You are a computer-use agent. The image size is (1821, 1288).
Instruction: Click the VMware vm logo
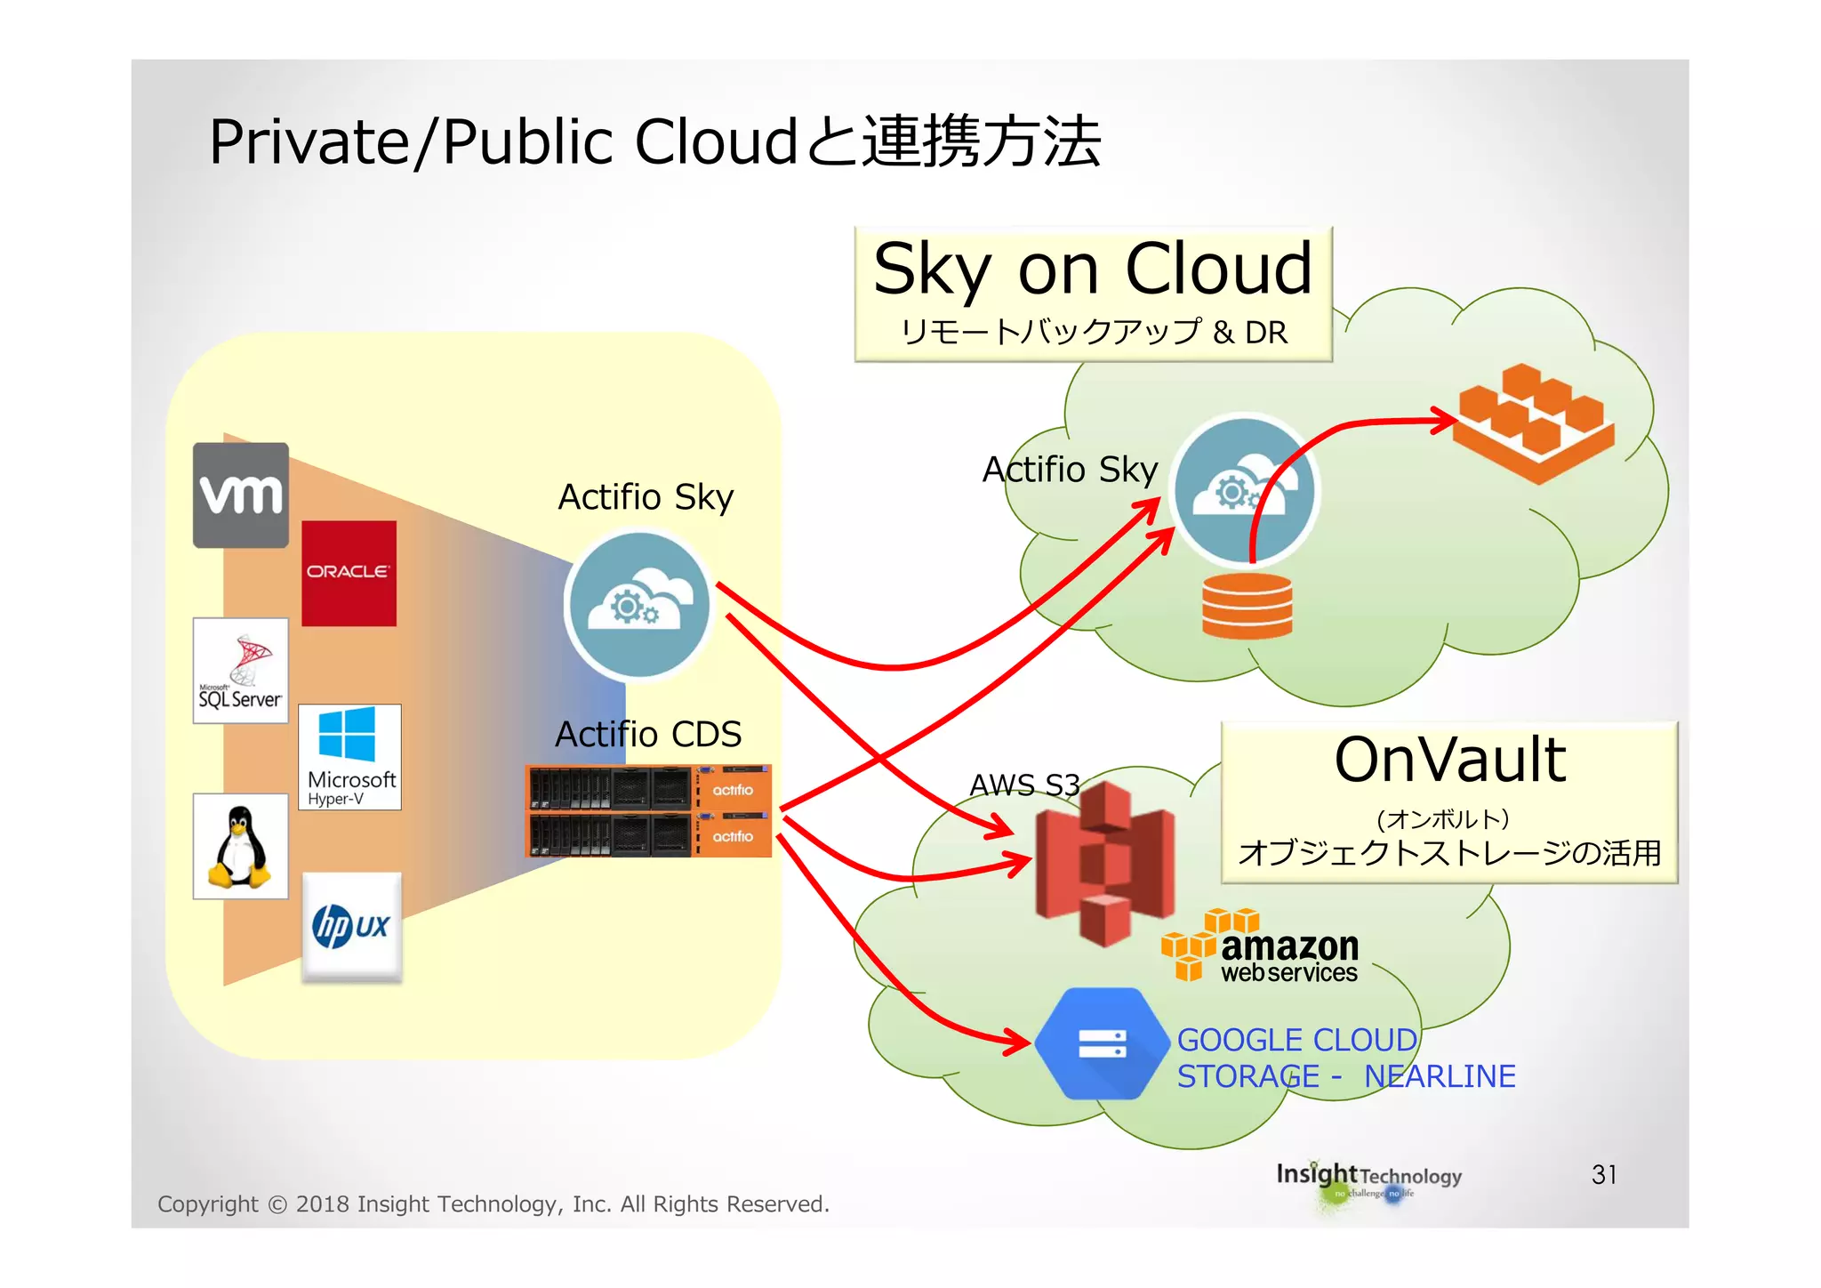pos(241,495)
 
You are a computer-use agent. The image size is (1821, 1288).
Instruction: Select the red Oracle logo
pos(349,573)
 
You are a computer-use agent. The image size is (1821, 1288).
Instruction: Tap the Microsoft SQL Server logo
pos(241,671)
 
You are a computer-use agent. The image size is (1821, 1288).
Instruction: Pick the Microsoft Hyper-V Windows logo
pos(349,756)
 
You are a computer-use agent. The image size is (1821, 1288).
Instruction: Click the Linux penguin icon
pos(240,846)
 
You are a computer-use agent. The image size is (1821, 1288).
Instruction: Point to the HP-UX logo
pos(351,927)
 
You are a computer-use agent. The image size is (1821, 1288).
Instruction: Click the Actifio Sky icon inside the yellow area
pos(638,605)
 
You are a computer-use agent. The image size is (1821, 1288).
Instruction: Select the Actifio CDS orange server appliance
pos(648,810)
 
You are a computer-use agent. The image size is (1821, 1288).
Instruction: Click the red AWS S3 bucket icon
pos(1105,862)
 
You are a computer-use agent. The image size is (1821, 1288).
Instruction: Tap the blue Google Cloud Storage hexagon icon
pos(1102,1043)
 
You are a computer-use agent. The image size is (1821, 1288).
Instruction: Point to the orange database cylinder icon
pos(1247,605)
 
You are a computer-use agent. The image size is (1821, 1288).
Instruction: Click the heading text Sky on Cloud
pos(1093,269)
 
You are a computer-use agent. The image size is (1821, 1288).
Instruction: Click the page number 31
pos(1603,1174)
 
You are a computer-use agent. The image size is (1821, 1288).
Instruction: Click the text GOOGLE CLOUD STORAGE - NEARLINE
pos(1345,1058)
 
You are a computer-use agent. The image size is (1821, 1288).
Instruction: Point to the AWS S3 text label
pos(1023,785)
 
